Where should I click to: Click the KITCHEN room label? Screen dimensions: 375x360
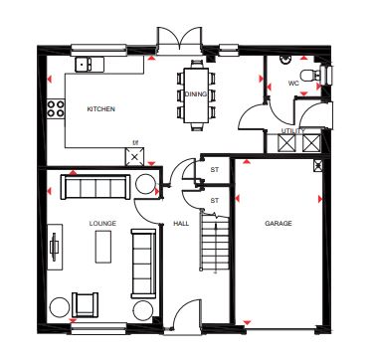click(100, 109)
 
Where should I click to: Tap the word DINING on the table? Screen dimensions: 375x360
click(196, 94)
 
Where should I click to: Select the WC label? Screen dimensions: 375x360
click(293, 84)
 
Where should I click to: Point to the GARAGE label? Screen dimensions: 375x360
click(279, 224)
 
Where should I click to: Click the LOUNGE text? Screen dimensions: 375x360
click(102, 224)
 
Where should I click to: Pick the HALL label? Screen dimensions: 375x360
click(181, 224)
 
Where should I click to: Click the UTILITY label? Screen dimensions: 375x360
click(293, 131)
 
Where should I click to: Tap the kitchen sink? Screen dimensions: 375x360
click(84, 64)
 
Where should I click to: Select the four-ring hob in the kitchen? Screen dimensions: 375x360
click(56, 108)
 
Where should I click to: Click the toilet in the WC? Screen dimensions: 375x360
click(310, 76)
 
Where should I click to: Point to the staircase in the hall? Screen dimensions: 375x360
click(215, 242)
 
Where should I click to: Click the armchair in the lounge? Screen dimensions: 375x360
click(86, 304)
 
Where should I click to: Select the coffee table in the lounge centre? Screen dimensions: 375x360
click(103, 247)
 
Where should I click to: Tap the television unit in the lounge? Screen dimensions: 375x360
click(55, 247)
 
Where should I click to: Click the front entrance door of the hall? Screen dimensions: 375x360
click(188, 315)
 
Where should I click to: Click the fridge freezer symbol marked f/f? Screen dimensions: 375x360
click(134, 157)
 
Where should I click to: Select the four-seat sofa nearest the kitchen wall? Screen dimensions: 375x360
click(95, 187)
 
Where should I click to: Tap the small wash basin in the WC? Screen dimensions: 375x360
click(284, 60)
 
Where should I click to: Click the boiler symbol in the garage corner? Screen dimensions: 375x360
click(317, 165)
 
